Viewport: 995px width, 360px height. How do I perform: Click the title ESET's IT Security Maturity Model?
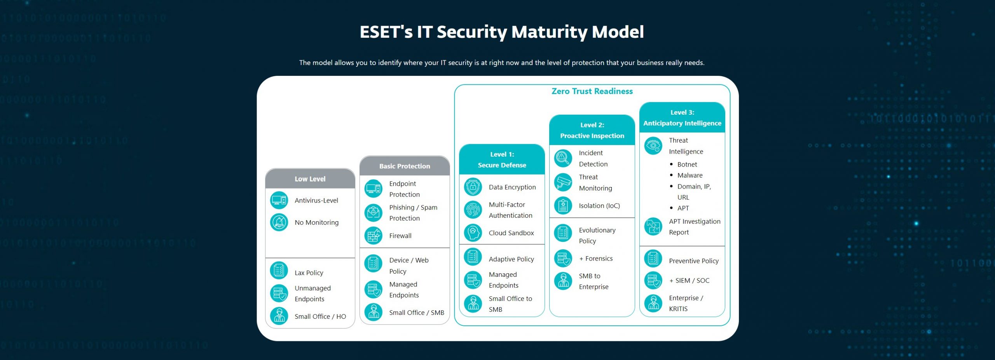click(x=501, y=32)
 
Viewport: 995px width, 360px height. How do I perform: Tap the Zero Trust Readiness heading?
click(x=592, y=91)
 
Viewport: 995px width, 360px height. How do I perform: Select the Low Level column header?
click(x=310, y=179)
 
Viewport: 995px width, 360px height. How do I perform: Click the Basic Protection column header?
click(x=405, y=166)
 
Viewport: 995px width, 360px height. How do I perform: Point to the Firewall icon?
click(x=374, y=236)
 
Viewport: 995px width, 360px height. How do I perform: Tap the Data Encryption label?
click(x=512, y=187)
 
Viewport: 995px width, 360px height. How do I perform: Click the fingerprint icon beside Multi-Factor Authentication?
click(x=473, y=210)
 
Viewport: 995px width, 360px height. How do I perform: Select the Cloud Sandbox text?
click(x=511, y=233)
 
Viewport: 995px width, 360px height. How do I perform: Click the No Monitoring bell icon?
click(x=279, y=222)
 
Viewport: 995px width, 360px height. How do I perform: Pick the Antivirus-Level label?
click(x=316, y=201)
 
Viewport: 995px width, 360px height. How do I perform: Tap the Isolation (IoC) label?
click(x=599, y=206)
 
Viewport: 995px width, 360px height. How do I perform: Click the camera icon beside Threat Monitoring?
click(x=563, y=183)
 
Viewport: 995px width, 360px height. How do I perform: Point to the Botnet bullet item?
click(x=687, y=164)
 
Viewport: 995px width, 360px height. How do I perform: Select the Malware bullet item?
click(x=690, y=175)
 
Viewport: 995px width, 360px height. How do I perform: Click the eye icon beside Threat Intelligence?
click(x=653, y=146)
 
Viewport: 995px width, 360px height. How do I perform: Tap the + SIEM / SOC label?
click(x=689, y=280)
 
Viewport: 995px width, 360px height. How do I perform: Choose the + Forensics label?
click(x=596, y=259)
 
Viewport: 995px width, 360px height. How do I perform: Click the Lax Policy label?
click(x=309, y=273)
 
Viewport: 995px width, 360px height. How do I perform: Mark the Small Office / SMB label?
click(x=417, y=313)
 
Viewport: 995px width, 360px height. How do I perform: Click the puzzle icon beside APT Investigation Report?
click(x=653, y=227)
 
